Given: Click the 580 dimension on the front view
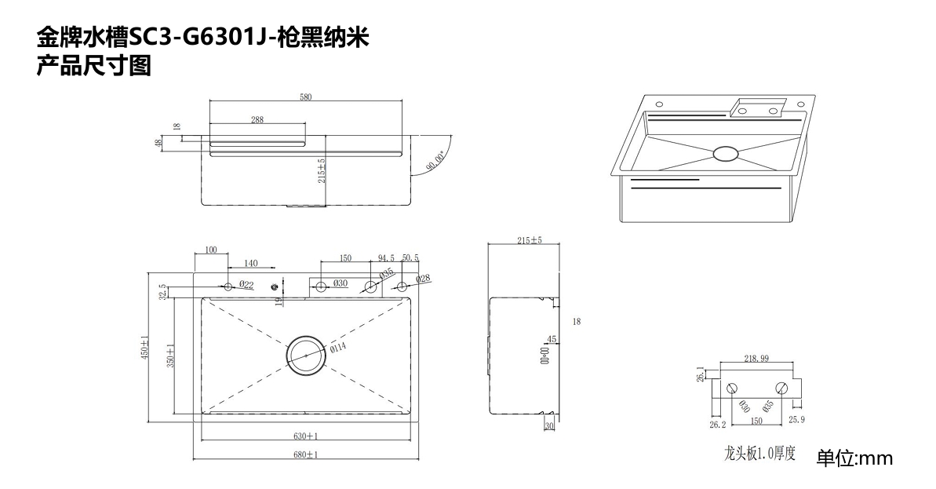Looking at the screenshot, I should pyautogui.click(x=305, y=97).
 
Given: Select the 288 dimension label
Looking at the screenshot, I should pyautogui.click(x=257, y=120).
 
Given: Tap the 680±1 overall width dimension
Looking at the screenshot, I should pyautogui.click(x=306, y=454).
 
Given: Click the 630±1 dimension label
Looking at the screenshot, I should pyautogui.click(x=306, y=436).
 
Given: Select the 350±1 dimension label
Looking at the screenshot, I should pyautogui.click(x=170, y=355).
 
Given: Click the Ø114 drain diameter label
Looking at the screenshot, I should pyautogui.click(x=338, y=348).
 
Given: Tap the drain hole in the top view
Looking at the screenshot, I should pyautogui.click(x=305, y=356).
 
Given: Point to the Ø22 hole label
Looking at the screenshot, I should pyautogui.click(x=246, y=284).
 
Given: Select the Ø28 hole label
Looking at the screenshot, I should pyautogui.click(x=423, y=279).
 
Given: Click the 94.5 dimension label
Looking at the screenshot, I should pyautogui.click(x=386, y=257).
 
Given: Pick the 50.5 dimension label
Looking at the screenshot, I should pyautogui.click(x=410, y=257).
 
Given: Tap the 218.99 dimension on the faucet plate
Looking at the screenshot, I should pyautogui.click(x=756, y=359).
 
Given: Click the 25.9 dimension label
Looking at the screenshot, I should pyautogui.click(x=796, y=420).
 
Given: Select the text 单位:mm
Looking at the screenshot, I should pyautogui.click(x=854, y=458).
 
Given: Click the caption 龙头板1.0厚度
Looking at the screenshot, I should pyautogui.click(x=759, y=454).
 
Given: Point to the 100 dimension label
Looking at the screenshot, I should pyautogui.click(x=211, y=250).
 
